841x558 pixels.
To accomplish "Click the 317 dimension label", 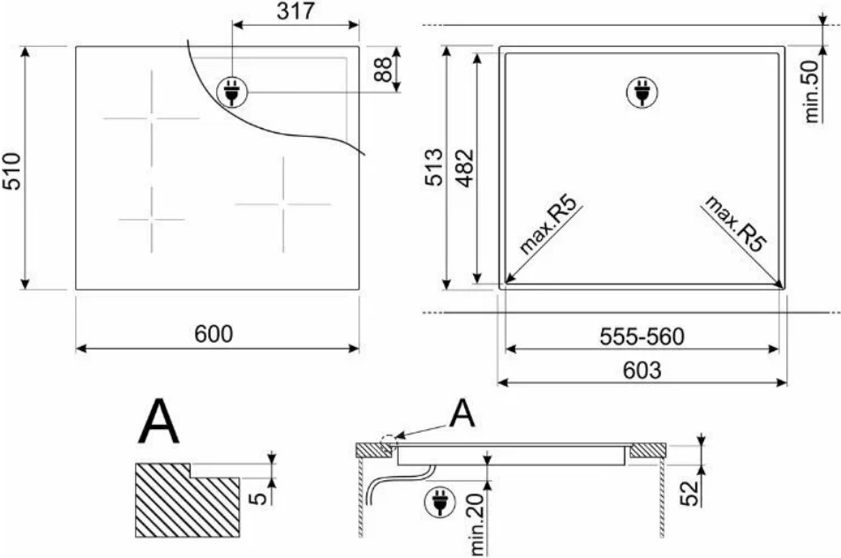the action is [x=296, y=11].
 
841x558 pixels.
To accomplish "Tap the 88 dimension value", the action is [x=384, y=69].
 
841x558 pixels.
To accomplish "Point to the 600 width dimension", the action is [x=214, y=335].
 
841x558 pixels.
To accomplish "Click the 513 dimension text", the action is [x=434, y=168].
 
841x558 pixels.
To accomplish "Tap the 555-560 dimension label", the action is [x=642, y=337].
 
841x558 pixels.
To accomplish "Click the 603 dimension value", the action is [x=642, y=371].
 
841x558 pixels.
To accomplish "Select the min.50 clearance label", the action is [x=811, y=92].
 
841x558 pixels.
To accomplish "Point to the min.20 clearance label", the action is [x=477, y=524].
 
